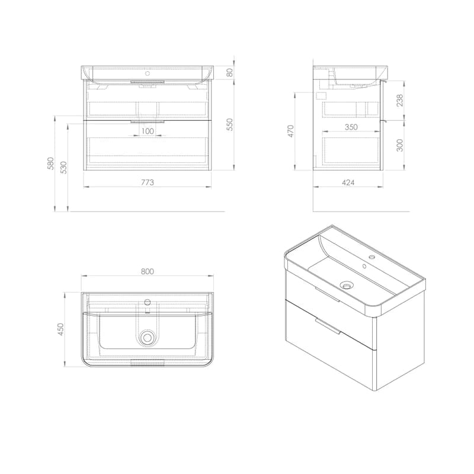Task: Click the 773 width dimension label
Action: (x=148, y=182)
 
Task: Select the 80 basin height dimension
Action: (x=230, y=72)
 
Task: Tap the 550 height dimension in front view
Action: (x=230, y=124)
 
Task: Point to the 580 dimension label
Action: (x=51, y=164)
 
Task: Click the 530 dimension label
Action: (x=64, y=168)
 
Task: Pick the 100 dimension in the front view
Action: (x=148, y=131)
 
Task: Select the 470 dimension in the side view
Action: (x=290, y=131)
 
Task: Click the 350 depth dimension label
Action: (x=351, y=127)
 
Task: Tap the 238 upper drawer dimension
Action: (x=399, y=100)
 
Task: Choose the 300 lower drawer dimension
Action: (x=399, y=145)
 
